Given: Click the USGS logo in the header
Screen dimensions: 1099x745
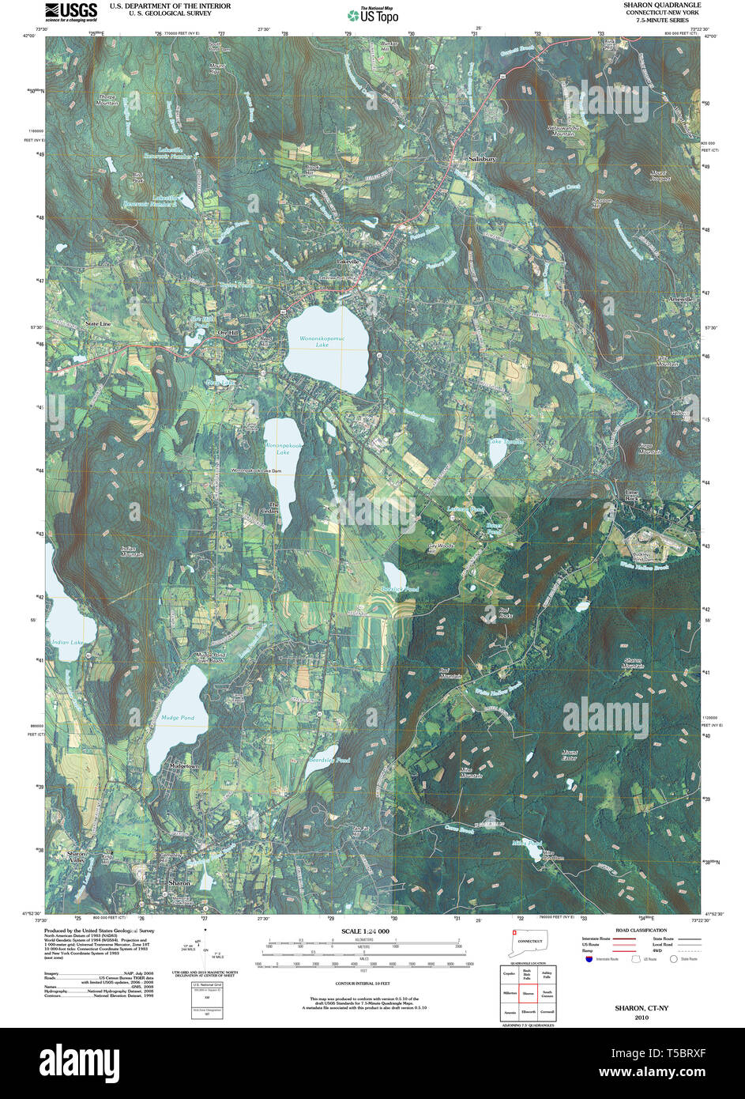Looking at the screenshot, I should (x=70, y=11).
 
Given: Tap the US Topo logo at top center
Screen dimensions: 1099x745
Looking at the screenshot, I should (x=373, y=14).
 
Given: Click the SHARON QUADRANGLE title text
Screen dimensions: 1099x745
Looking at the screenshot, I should (x=661, y=6).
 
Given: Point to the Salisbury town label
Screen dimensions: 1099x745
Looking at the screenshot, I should (x=481, y=159).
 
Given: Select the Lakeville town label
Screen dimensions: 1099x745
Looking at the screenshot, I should (x=348, y=262).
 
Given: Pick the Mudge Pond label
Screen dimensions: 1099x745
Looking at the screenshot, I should (x=177, y=718).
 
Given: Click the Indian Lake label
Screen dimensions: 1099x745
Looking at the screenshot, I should (x=67, y=642).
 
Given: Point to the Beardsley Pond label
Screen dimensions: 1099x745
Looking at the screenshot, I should (x=329, y=761).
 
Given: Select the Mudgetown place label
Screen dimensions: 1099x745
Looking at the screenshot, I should (x=183, y=766).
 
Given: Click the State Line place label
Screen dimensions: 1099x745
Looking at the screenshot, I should (x=98, y=324).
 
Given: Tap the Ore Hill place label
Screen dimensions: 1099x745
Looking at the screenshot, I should (x=228, y=334).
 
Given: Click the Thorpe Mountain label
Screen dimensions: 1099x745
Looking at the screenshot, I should (x=107, y=100).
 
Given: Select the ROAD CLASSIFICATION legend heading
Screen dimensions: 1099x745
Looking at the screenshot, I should (x=641, y=931).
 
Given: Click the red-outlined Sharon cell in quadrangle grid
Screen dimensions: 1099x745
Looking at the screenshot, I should (x=529, y=992).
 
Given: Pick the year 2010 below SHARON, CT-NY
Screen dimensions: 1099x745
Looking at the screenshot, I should (x=641, y=1018).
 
